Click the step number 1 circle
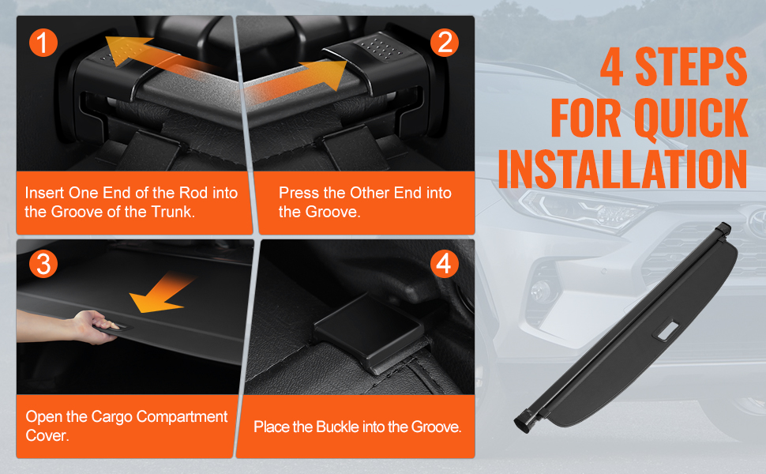point(43,42)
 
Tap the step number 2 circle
point(445,42)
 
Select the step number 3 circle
point(43,264)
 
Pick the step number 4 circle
point(445,264)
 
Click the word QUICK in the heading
point(691,118)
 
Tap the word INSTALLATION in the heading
point(623,168)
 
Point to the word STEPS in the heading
point(691,66)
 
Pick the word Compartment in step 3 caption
point(182,417)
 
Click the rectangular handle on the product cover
point(667,330)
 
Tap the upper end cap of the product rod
point(723,228)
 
